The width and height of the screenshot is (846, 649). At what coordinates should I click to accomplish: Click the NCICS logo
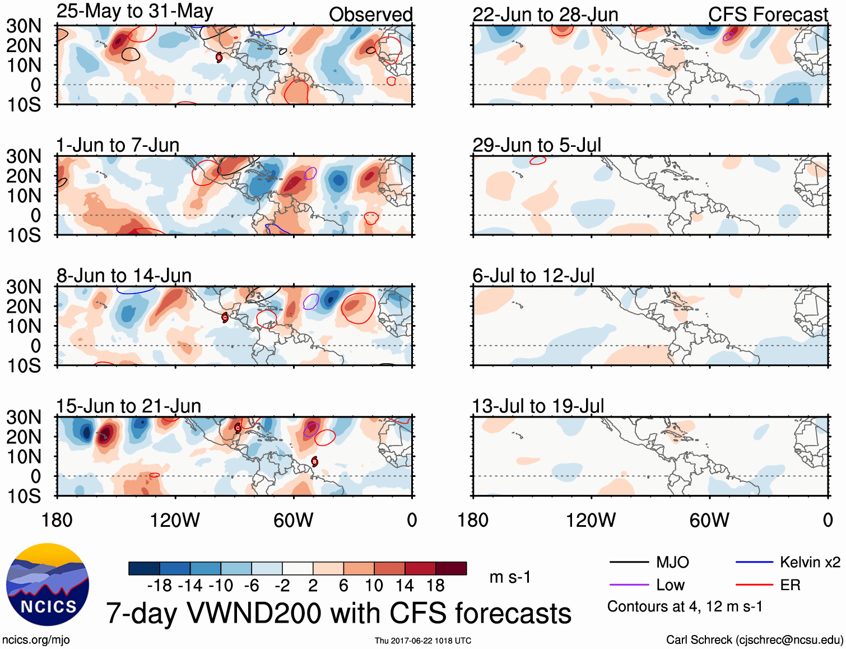click(48, 585)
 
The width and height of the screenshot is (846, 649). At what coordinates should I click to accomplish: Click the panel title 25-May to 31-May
click(134, 11)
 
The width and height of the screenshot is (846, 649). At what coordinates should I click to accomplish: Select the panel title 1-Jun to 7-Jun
click(118, 145)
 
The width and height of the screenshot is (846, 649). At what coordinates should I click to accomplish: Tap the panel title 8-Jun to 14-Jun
click(124, 276)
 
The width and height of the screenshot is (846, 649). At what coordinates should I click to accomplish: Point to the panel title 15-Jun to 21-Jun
click(128, 406)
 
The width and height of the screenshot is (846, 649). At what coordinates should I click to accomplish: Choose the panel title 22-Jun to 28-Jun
click(545, 15)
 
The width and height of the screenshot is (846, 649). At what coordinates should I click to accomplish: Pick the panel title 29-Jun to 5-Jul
click(536, 145)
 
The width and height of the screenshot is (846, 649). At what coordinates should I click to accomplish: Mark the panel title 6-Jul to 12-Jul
click(533, 276)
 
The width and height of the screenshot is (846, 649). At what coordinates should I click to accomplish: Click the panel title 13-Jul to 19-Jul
click(538, 406)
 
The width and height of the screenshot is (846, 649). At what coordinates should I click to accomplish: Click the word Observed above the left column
click(370, 15)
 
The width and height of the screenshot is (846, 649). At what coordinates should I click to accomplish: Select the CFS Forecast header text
click(768, 15)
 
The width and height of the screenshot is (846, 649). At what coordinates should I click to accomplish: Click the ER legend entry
click(790, 585)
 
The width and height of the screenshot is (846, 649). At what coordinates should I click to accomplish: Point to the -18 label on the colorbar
click(160, 586)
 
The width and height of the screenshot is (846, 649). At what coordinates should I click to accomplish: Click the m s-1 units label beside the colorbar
click(510, 577)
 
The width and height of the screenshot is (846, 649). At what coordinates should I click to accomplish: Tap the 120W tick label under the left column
click(175, 520)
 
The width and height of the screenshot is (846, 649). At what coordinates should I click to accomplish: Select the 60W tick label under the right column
click(709, 520)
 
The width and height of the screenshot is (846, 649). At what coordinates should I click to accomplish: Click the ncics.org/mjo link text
click(36, 640)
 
